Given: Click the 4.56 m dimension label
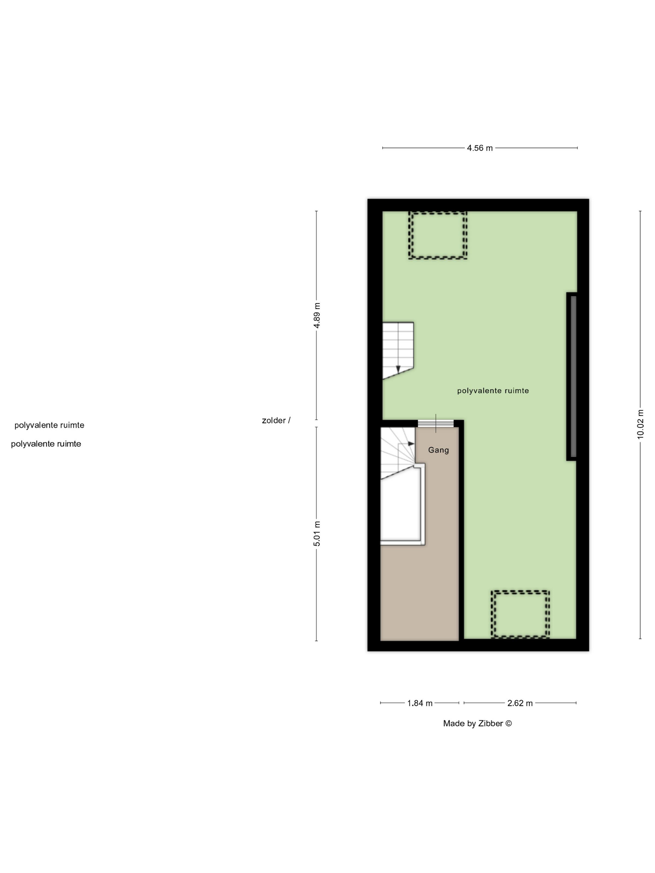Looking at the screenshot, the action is [x=480, y=148].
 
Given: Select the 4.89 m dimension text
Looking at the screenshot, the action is [x=317, y=315].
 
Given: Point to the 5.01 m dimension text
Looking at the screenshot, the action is [x=317, y=533].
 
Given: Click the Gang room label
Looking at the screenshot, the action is [x=438, y=450].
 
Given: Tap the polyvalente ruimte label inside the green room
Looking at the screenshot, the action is [x=493, y=391].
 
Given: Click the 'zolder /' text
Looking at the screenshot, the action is [x=276, y=421].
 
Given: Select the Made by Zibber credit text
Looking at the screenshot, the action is [x=477, y=723].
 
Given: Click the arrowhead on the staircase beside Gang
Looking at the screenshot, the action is [x=411, y=444].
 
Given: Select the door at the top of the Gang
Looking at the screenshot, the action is [x=436, y=423].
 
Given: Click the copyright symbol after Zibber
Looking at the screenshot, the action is [x=508, y=723].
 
